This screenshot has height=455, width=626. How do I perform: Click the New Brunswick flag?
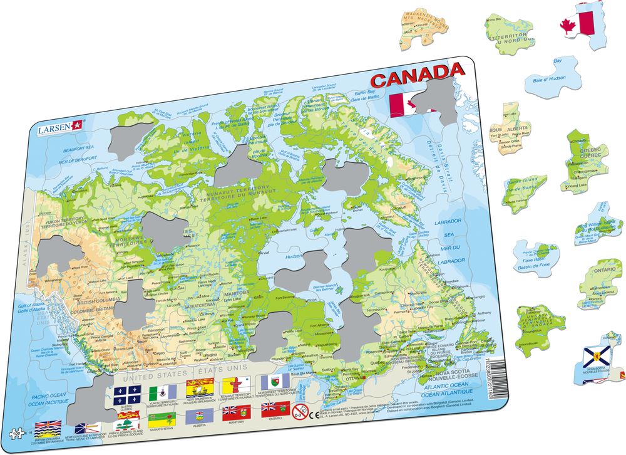pos(197,386)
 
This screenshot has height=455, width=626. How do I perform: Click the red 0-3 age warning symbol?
pos(300,413)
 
